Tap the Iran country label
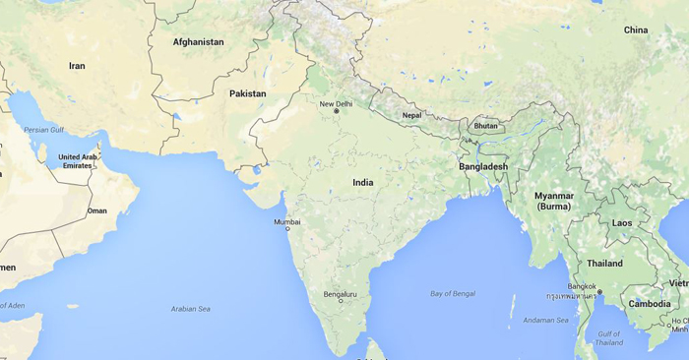tap(77, 66)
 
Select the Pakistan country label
tap(247, 93)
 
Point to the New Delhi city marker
tap(337, 111)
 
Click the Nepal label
tap(411, 115)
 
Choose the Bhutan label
tap(486, 126)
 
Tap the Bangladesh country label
tap(483, 166)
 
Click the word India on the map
tap(363, 182)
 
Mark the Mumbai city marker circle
tap(288, 229)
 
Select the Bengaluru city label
tap(341, 294)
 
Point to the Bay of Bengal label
tap(453, 294)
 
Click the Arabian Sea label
tap(191, 309)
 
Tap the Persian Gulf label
tap(43, 129)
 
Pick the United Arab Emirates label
tap(78, 161)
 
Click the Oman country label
tap(96, 210)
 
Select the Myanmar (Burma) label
tap(553, 201)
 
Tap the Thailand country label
tap(604, 264)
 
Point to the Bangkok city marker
tap(597, 294)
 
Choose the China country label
tap(636, 30)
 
